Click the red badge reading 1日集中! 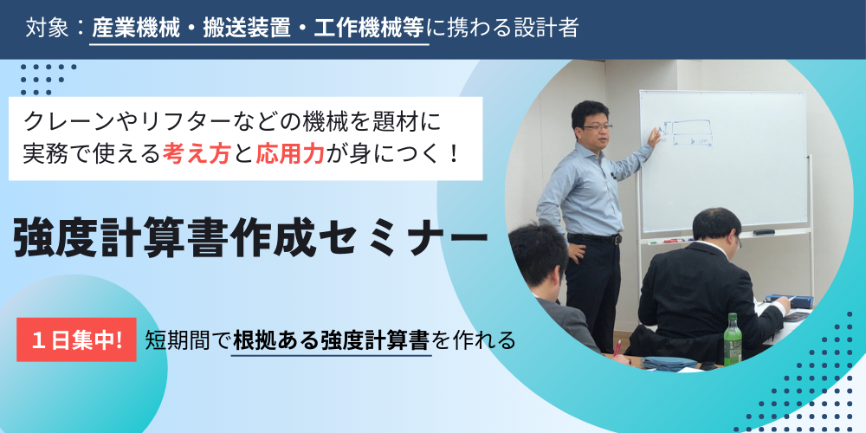click(x=76, y=339)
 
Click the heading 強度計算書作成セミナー click(x=250, y=239)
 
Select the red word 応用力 click(x=289, y=153)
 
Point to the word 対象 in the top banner click(x=47, y=29)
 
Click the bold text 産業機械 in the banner click(x=136, y=29)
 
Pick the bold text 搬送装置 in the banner click(x=247, y=29)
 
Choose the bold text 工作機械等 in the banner click(x=369, y=29)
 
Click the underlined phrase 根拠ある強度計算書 click(x=331, y=340)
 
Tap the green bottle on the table click(x=733, y=339)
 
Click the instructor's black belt click(x=594, y=239)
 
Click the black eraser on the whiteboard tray click(x=763, y=232)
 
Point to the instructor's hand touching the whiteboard click(x=655, y=136)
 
